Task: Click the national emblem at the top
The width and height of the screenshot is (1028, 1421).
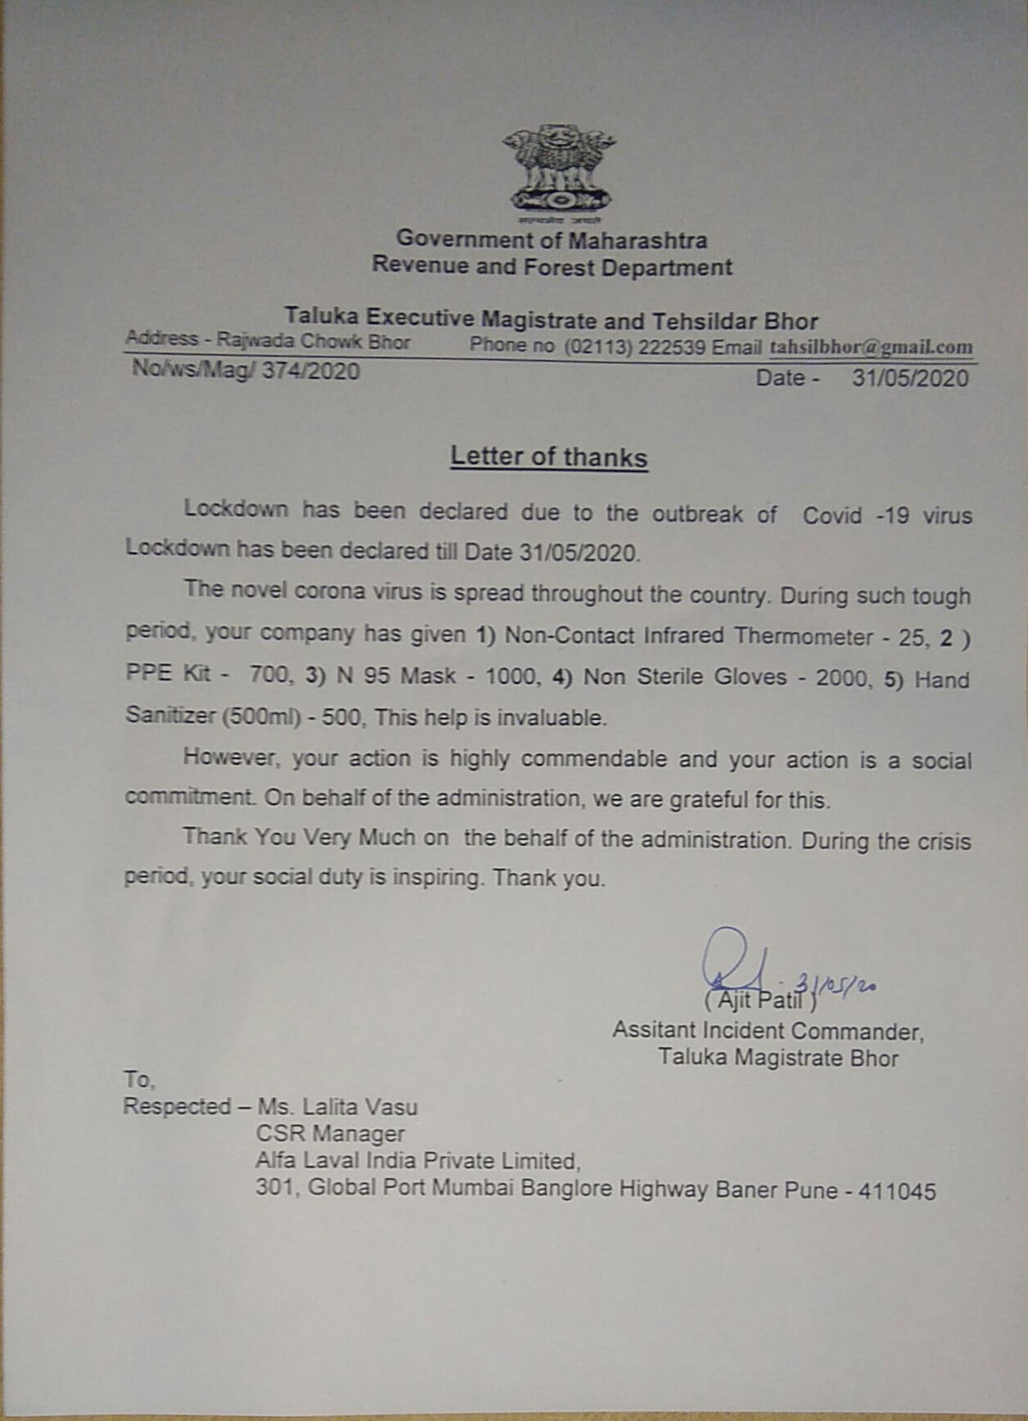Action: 560,173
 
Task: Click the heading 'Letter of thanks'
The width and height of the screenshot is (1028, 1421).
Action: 548,456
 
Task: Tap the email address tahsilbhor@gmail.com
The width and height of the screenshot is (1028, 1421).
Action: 871,347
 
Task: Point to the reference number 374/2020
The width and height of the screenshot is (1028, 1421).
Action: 310,371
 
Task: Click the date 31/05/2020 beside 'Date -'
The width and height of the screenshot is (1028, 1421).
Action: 910,378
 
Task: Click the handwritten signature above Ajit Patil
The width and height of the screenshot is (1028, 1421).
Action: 732,961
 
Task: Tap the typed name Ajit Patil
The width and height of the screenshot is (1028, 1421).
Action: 759,1000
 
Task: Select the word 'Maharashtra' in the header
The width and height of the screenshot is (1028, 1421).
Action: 638,240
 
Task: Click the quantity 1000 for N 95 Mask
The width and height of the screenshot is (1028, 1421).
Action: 512,677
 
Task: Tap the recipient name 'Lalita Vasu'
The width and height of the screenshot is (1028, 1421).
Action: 360,1108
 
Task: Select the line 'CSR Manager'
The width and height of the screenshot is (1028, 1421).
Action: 330,1134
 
